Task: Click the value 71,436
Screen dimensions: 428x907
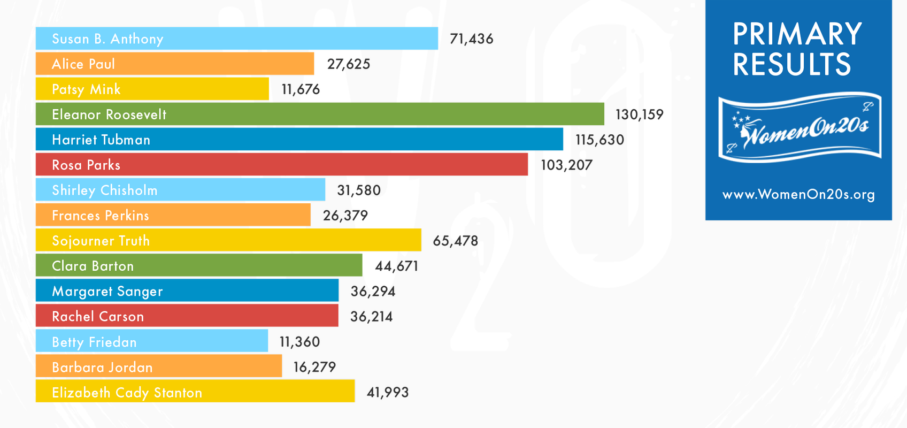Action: pos(471,39)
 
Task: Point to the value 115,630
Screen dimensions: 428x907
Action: pos(599,140)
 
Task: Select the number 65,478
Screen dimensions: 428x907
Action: pos(455,241)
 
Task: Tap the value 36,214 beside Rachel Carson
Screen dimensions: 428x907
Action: pos(371,317)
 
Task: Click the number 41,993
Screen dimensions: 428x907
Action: pos(387,393)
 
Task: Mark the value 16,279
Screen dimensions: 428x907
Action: pos(314,367)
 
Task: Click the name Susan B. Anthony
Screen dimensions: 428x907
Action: pos(107,39)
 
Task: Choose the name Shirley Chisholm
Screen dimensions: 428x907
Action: pos(105,190)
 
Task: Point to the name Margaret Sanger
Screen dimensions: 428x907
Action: pos(107,292)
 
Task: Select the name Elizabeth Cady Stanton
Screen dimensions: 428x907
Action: pos(127,393)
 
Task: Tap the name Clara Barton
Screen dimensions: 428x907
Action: pos(93,266)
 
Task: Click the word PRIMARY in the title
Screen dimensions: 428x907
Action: pos(797,34)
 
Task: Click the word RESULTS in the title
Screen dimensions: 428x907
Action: pos(791,64)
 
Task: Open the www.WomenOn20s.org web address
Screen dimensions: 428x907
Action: pos(798,194)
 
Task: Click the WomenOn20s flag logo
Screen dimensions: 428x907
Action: pos(800,127)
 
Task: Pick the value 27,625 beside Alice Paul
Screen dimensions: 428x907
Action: pos(349,64)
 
